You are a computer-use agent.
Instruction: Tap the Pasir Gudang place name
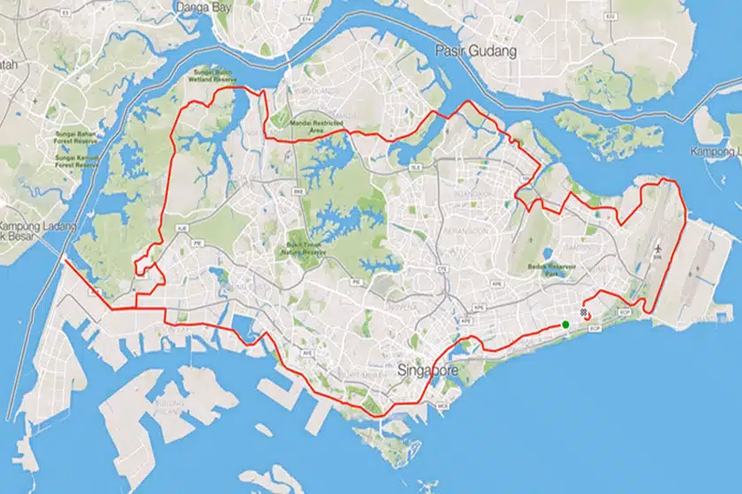click(476, 51)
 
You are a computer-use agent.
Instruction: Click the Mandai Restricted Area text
click(314, 120)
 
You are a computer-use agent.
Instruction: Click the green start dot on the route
click(565, 325)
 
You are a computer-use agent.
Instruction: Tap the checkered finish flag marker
click(583, 312)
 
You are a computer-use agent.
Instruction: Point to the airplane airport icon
click(658, 251)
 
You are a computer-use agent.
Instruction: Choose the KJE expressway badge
click(183, 227)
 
